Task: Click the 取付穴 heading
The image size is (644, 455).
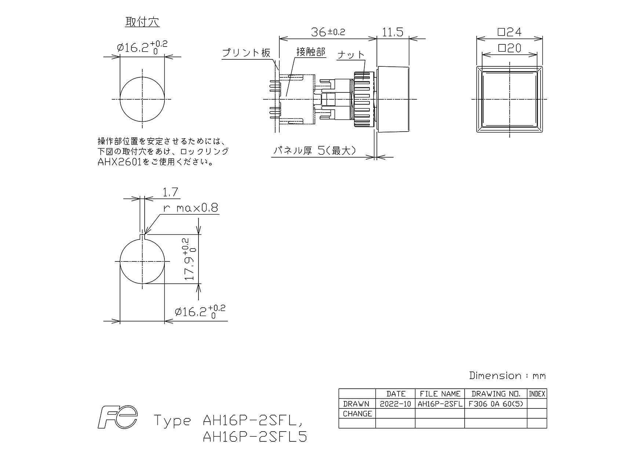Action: (x=142, y=22)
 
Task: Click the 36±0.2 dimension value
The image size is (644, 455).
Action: (x=328, y=32)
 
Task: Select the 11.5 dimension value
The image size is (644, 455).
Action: (x=393, y=32)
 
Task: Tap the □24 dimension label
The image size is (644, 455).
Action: (x=510, y=32)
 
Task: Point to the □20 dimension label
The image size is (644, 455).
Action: (x=509, y=48)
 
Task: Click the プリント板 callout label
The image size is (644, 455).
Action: (x=246, y=53)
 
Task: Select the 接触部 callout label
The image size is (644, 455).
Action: (x=311, y=52)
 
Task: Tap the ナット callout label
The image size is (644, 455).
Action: (x=351, y=55)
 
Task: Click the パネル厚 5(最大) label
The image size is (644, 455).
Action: (x=314, y=151)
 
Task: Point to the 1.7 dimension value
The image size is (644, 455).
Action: (x=170, y=192)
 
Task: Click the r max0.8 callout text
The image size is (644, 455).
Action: (x=191, y=208)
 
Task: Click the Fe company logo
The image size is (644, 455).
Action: (x=117, y=417)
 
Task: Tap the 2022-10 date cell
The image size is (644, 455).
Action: (x=395, y=404)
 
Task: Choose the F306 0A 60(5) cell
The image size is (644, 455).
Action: (x=496, y=404)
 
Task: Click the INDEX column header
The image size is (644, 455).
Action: (x=537, y=394)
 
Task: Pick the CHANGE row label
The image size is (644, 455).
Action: (x=357, y=414)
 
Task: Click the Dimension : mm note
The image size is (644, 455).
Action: (x=507, y=375)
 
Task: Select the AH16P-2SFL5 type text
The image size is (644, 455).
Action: (x=255, y=437)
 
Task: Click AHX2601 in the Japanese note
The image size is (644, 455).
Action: (x=119, y=162)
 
